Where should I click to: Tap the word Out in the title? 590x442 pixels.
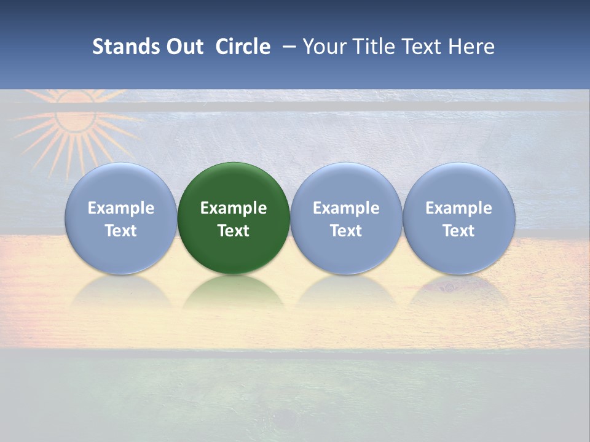(185, 47)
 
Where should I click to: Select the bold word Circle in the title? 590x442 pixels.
(243, 47)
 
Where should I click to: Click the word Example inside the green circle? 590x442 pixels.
(234, 208)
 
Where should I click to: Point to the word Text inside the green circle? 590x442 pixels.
(234, 231)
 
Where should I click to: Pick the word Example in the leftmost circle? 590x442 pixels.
(121, 208)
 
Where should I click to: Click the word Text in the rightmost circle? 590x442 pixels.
(458, 231)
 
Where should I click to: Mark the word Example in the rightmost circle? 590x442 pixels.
(458, 208)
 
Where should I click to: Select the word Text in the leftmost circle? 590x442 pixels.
(121, 231)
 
